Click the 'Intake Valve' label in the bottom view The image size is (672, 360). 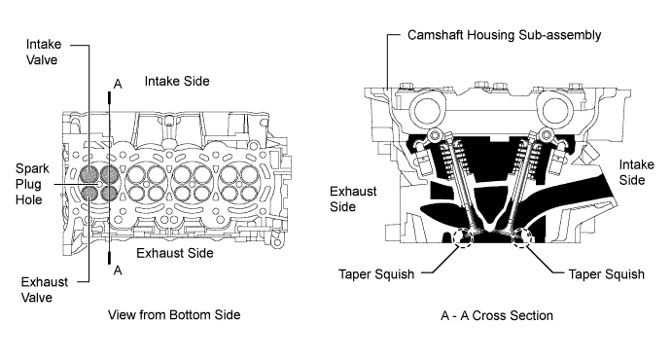[44, 52]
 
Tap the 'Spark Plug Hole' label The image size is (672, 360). [32, 184]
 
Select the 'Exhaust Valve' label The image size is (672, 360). [44, 290]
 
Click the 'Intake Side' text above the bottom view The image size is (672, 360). [177, 81]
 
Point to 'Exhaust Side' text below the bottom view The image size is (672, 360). [175, 253]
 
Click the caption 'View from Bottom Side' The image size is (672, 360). [174, 315]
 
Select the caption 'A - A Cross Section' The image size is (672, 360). [497, 316]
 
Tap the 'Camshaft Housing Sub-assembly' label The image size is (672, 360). [504, 35]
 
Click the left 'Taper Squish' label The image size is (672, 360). [376, 273]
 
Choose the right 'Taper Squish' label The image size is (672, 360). [606, 273]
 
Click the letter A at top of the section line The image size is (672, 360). [118, 84]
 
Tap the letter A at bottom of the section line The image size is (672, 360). [118, 270]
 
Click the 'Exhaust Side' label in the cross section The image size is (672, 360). [353, 198]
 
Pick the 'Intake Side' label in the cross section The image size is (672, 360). [637, 172]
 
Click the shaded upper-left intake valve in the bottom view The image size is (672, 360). [89, 173]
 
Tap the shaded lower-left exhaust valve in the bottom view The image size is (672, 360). [89, 194]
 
